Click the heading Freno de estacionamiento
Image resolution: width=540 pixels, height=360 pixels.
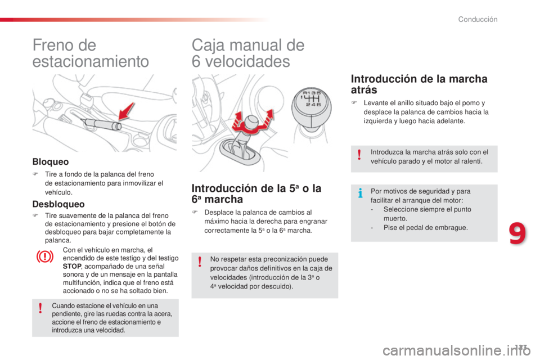tap(91, 53)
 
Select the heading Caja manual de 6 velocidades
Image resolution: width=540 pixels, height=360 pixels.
tap(248, 53)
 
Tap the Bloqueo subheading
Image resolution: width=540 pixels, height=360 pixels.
tap(50, 161)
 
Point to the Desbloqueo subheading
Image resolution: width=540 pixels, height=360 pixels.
tap(58, 204)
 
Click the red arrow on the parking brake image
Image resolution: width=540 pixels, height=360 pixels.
tap(128, 111)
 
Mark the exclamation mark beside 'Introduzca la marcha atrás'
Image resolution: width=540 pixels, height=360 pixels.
tap(358, 155)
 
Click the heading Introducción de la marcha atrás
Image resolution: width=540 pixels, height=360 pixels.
tap(419, 84)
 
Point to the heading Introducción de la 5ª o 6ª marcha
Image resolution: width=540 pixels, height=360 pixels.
tap(256, 193)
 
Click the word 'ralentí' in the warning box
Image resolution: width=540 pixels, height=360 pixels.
tap(470, 161)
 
